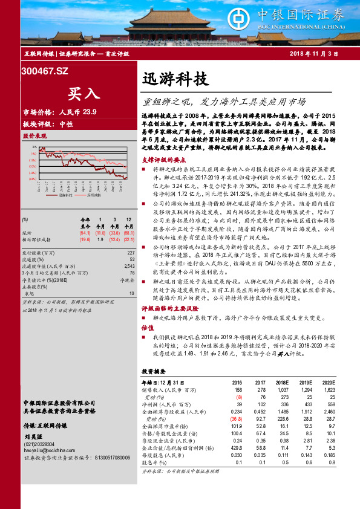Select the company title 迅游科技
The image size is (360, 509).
point(175,79)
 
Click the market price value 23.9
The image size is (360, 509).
point(90,112)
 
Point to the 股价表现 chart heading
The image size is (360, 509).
point(34,136)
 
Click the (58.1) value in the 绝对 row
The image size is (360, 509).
point(128,233)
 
